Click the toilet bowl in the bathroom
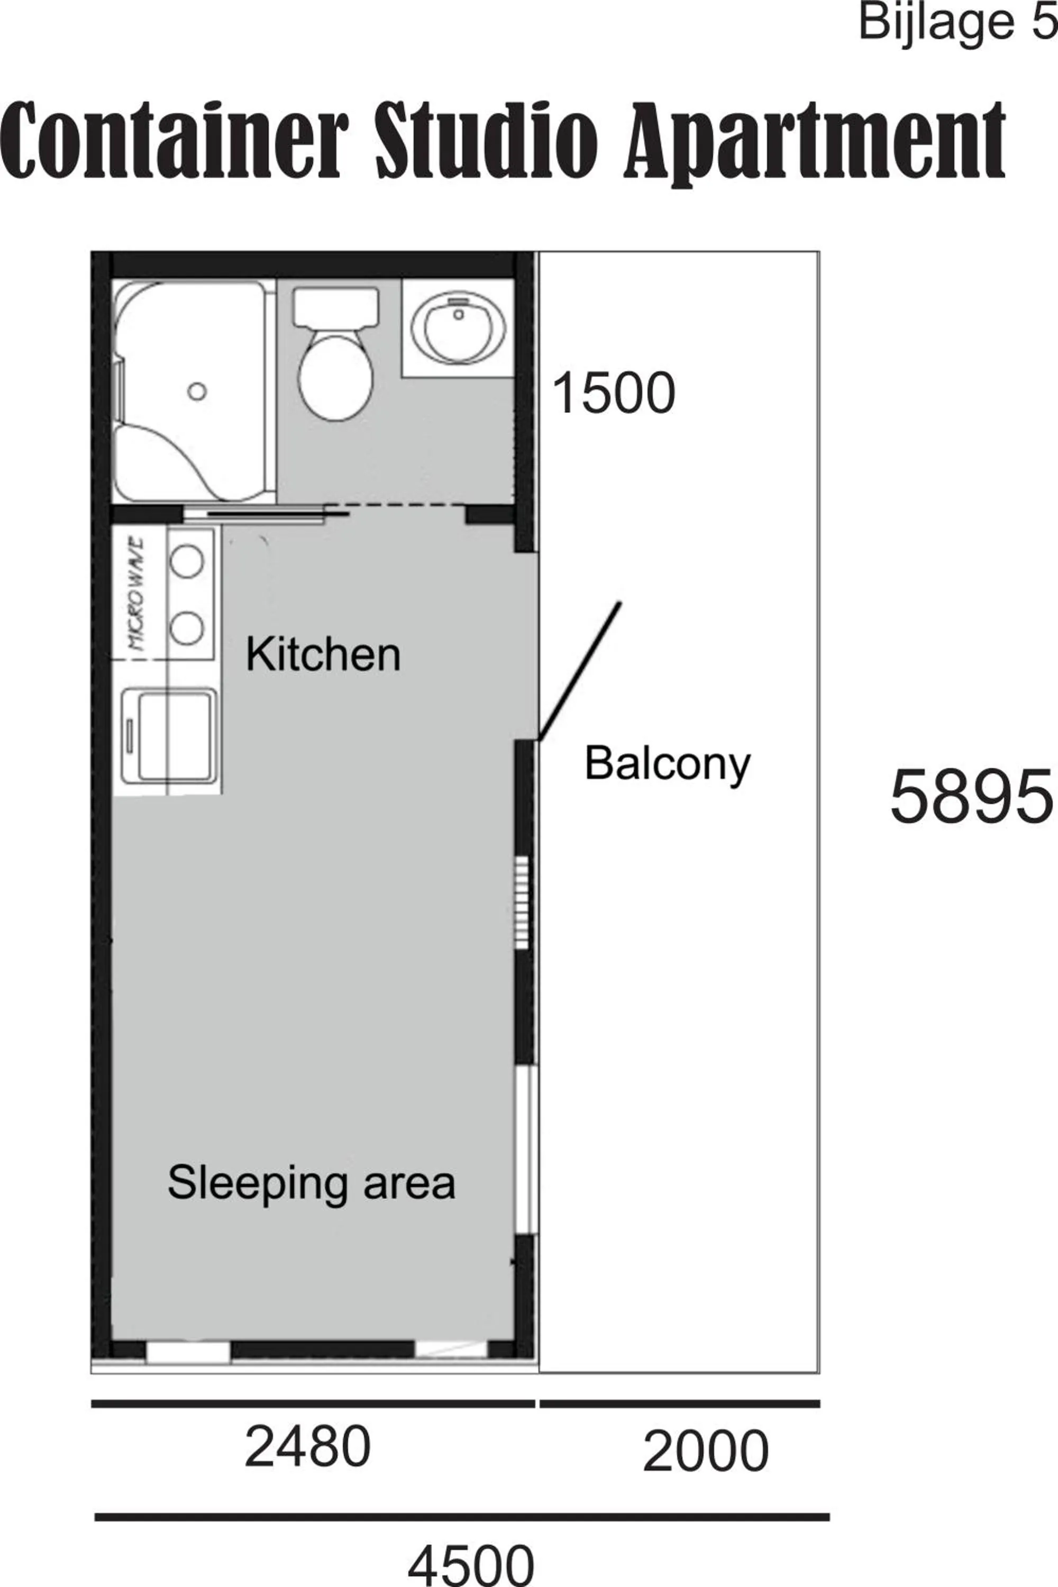pyautogui.click(x=335, y=377)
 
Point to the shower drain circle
pyautogui.click(x=196, y=391)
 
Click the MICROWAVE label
pyautogui.click(x=138, y=593)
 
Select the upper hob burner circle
pyautogui.click(x=187, y=561)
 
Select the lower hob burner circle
pyautogui.click(x=187, y=629)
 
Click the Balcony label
pyautogui.click(x=667, y=764)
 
